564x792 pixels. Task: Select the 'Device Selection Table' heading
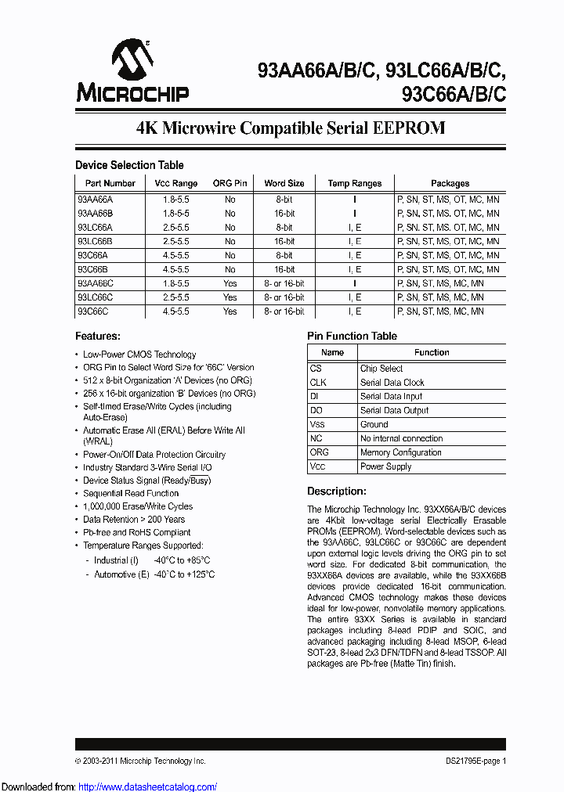(129, 165)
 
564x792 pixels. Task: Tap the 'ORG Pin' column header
(230, 183)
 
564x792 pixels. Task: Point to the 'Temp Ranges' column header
(354, 183)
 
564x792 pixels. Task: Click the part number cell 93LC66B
(96, 242)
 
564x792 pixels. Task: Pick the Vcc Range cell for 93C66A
(172, 256)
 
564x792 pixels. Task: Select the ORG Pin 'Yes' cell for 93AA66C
(230, 283)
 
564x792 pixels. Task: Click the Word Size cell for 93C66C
(284, 311)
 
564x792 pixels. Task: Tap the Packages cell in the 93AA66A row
(449, 200)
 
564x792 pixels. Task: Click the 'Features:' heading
(98, 337)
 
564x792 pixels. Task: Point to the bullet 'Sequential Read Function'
(131, 494)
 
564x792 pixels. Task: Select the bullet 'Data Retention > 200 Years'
(134, 520)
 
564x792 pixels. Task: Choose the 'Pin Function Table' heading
(352, 337)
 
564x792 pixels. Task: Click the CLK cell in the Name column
(318, 383)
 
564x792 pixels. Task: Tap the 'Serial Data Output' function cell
(394, 411)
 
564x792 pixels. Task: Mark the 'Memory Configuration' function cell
(400, 452)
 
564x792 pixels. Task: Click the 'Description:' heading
(336, 491)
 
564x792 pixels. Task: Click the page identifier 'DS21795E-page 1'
(471, 761)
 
